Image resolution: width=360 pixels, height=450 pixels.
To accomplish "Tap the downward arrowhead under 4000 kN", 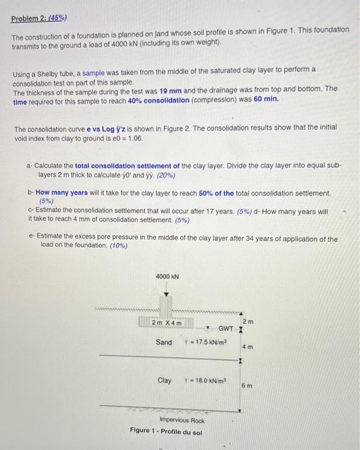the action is tap(166, 295).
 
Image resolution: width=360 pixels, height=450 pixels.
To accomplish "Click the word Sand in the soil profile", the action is tap(164, 342).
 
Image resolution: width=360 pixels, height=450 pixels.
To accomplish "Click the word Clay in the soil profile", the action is tap(164, 380).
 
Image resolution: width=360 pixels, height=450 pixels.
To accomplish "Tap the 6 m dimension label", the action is tap(246, 385).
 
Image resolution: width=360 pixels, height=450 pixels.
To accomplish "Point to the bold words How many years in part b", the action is tap(57, 193).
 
